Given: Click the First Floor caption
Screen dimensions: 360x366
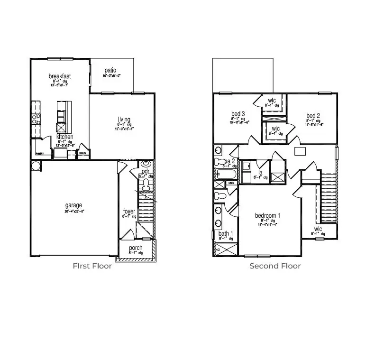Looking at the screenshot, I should [x=92, y=266].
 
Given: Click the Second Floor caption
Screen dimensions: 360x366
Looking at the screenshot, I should [x=275, y=266].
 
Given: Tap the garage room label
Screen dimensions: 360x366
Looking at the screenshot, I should [x=73, y=205].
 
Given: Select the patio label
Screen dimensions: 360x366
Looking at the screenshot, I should [x=110, y=71].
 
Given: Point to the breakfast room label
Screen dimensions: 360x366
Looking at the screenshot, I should [x=60, y=76].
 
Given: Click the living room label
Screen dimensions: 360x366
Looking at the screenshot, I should [x=125, y=119].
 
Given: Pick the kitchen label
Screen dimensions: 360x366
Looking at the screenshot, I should [x=65, y=137].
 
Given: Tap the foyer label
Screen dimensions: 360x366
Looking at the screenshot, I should [x=129, y=211].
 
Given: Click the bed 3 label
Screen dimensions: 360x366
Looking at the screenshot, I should [x=238, y=114].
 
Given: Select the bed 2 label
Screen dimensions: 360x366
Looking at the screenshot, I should [x=313, y=115].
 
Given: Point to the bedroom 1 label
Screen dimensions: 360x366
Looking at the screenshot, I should [x=267, y=216].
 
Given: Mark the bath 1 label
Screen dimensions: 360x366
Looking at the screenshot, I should [x=226, y=233].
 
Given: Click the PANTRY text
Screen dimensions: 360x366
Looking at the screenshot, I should [x=40, y=153].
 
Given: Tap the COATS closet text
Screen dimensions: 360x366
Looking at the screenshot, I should [x=82, y=153].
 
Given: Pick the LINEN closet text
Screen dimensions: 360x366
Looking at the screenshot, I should [x=232, y=183].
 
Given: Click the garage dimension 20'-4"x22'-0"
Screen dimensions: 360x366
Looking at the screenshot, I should [x=73, y=212].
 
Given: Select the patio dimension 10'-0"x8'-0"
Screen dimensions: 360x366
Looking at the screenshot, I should [x=111, y=76].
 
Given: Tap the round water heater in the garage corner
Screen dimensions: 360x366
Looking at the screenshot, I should [x=36, y=166].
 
